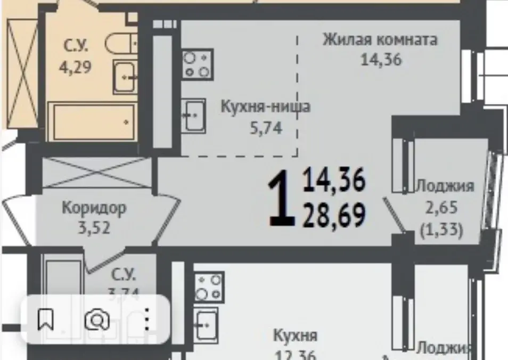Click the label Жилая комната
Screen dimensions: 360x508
click(x=380, y=40)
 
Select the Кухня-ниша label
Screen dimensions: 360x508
click(x=266, y=107)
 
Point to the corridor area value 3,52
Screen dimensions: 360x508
click(x=94, y=228)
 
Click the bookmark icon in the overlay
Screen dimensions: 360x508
click(x=46, y=320)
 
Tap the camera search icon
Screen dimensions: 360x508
click(x=97, y=320)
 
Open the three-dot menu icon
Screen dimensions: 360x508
click(x=147, y=320)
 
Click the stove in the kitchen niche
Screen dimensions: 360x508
click(x=198, y=64)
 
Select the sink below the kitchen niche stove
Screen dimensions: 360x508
click(x=193, y=115)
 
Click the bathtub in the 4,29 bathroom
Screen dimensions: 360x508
click(x=92, y=121)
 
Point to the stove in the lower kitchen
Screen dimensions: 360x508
click(x=209, y=287)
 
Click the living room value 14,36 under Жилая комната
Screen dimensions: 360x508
click(x=381, y=60)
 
